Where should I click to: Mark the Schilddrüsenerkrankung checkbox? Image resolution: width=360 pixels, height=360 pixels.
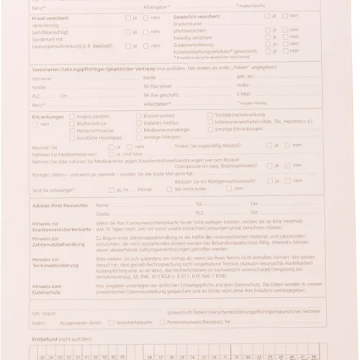[209, 114]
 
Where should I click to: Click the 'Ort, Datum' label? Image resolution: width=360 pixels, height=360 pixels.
[45, 314]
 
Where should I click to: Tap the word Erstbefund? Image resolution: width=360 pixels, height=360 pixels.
[45, 338]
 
